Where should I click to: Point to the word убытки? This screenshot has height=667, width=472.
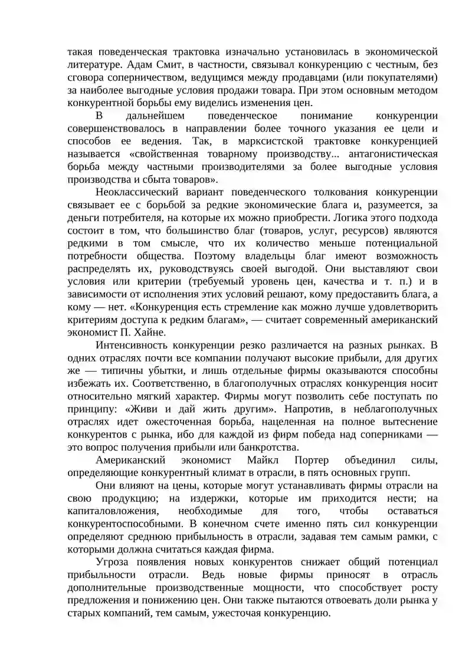(174, 370)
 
